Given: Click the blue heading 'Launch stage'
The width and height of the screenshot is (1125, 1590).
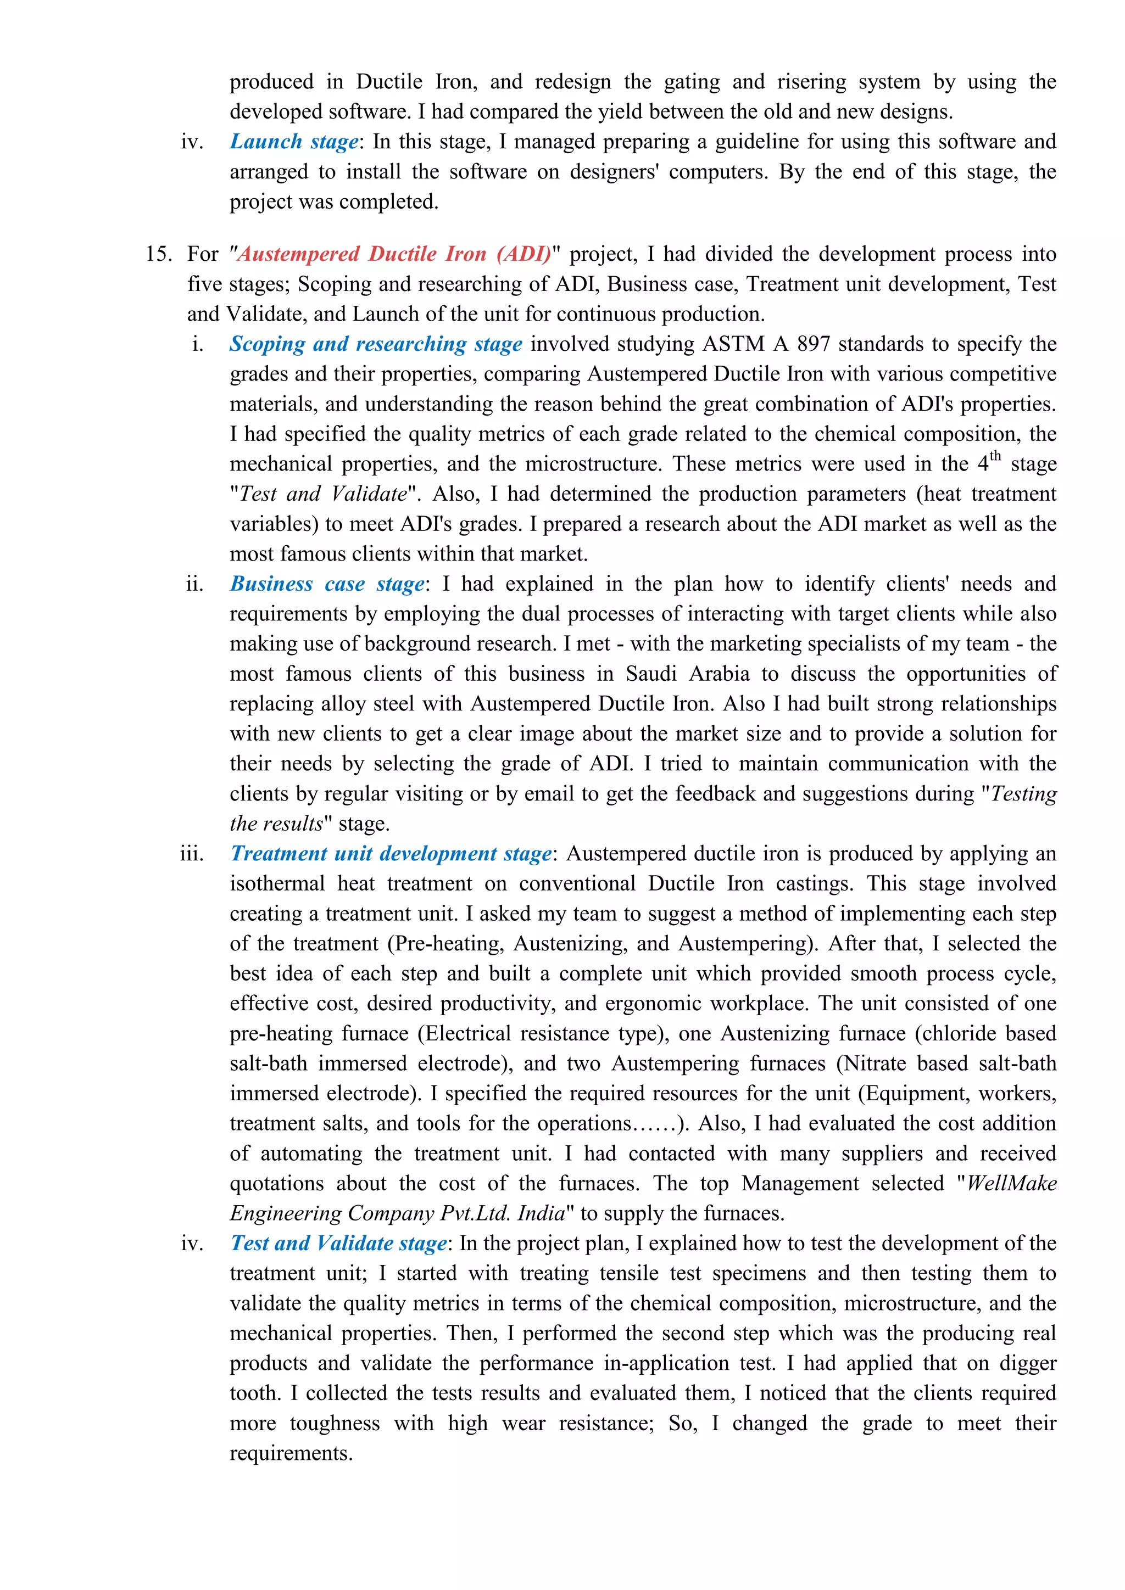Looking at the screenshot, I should click(294, 142).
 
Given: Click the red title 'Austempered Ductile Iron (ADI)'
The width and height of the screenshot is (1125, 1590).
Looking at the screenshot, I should click(393, 254).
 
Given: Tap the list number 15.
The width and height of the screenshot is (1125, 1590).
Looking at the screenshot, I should click(158, 254).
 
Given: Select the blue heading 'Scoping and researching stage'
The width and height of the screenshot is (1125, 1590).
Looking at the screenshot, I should click(376, 344).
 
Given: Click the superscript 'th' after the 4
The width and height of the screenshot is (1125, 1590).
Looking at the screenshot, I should click(995, 456).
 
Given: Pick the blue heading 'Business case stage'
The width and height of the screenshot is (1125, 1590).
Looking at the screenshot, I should click(326, 584).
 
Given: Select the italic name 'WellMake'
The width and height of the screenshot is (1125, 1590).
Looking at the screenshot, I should click(1011, 1184).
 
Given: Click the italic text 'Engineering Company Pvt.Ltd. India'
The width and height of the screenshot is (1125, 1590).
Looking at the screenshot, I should click(398, 1213).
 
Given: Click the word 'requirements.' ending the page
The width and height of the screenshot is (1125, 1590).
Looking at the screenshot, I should click(291, 1453).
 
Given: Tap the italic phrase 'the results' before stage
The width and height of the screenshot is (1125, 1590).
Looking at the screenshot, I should click(276, 824).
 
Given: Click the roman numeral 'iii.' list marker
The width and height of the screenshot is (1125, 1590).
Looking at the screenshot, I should click(192, 854).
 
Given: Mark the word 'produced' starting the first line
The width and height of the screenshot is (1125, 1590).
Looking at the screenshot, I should click(271, 82).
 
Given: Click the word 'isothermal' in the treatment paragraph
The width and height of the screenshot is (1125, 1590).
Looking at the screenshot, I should click(277, 883).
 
